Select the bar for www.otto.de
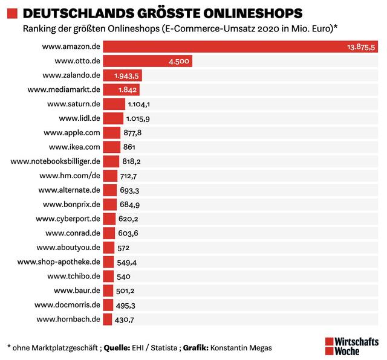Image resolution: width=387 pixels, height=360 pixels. [x=148, y=61]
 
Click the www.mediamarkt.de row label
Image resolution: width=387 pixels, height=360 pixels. [x=63, y=89]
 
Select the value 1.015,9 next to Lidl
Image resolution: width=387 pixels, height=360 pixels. [x=138, y=118]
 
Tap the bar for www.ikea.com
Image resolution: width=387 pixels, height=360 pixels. [x=111, y=147]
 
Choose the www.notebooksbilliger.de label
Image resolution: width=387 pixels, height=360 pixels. [x=56, y=161]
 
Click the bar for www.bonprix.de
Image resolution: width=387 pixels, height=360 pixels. [x=109, y=204]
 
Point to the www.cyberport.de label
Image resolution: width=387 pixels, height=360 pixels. [x=68, y=219]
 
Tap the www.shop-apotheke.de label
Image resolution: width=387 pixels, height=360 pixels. [x=59, y=262]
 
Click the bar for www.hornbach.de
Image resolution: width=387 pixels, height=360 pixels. [x=107, y=319]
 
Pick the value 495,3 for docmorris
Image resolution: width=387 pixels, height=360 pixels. [x=128, y=305]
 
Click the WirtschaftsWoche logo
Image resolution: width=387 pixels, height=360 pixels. [x=352, y=345]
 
